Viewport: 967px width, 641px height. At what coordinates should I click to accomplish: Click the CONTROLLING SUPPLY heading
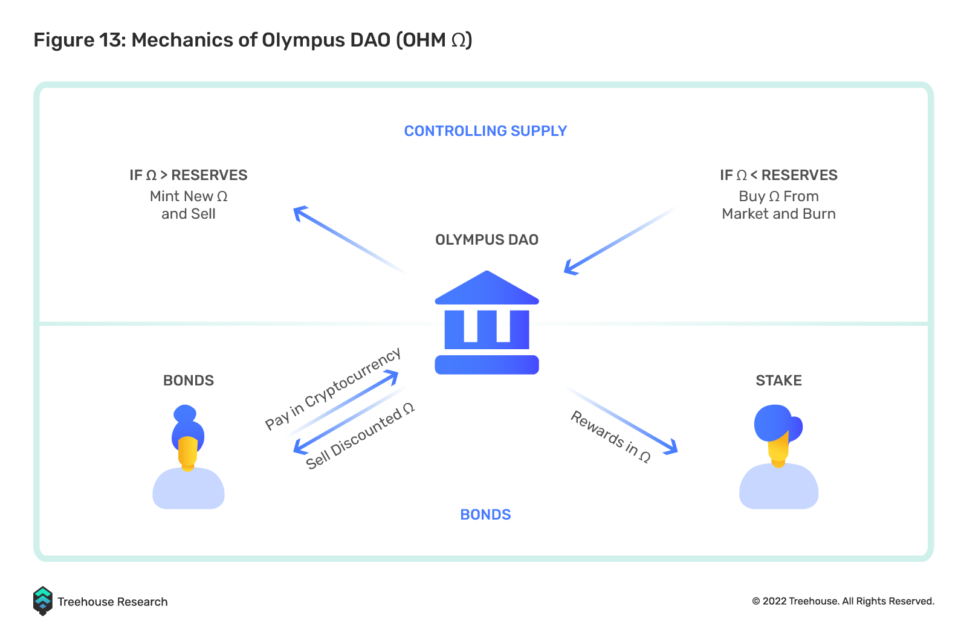point(485,130)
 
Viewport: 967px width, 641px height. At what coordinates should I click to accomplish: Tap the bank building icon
point(487,322)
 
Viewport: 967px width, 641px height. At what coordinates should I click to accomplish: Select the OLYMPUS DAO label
point(487,240)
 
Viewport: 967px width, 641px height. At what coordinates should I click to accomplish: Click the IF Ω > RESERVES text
point(188,175)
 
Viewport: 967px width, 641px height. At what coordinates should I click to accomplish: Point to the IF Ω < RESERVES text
point(778,175)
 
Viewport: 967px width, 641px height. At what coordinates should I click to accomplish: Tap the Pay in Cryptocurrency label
point(333,388)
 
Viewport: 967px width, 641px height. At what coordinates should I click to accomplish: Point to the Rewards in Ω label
point(610,436)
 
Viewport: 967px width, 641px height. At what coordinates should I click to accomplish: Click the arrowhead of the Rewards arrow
point(671,447)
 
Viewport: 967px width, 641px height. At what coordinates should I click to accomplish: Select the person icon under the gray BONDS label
point(188,457)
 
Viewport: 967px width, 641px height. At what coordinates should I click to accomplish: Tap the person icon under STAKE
point(778,457)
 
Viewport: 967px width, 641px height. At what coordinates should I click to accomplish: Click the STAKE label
point(778,380)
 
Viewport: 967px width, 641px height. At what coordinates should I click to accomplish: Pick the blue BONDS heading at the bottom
point(485,515)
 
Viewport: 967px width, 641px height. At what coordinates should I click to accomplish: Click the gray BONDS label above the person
point(188,380)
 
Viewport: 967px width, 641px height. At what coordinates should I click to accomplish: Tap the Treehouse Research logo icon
point(43,601)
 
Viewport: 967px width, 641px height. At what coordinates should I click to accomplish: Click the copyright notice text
point(843,601)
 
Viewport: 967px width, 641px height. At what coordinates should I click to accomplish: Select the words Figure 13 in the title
point(77,40)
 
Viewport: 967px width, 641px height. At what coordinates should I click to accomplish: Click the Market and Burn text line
point(778,214)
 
